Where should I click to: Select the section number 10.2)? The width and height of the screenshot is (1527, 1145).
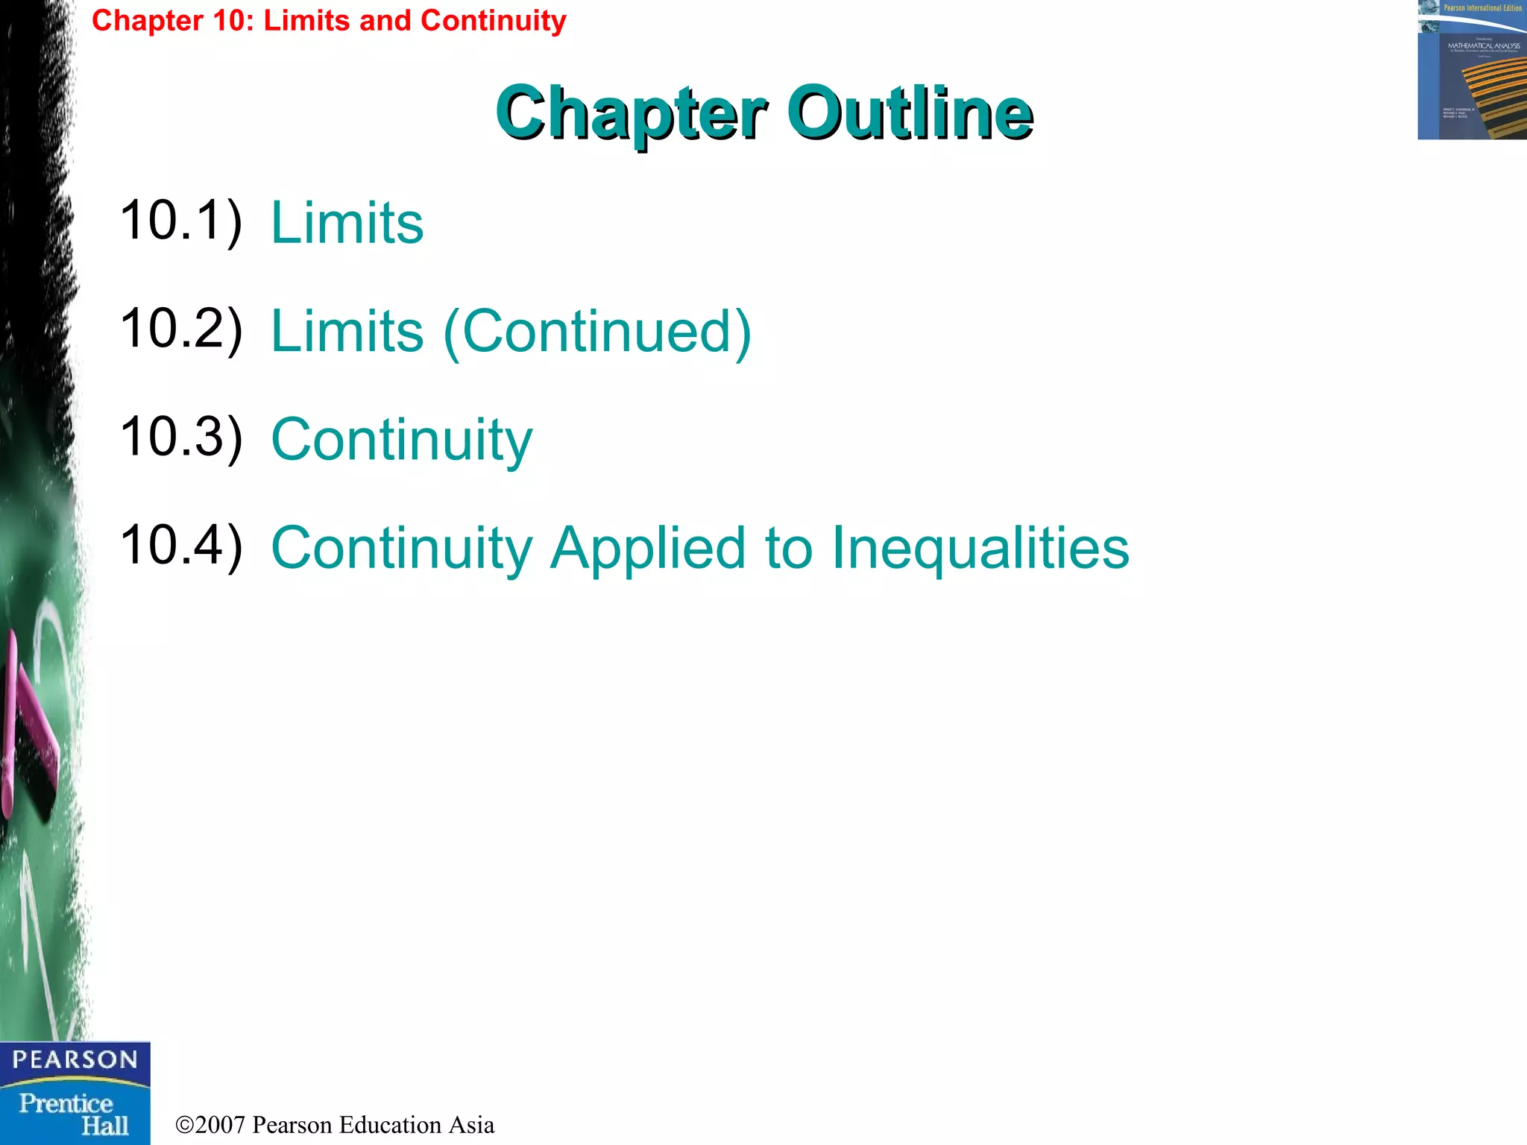click(181, 329)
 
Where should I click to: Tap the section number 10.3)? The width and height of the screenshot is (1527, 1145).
click(181, 438)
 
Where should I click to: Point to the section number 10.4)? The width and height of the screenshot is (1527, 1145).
click(181, 546)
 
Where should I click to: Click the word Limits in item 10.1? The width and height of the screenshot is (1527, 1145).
click(347, 223)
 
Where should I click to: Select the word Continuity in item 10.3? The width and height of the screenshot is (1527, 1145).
click(402, 441)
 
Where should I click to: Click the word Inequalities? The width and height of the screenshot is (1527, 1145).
click(980, 549)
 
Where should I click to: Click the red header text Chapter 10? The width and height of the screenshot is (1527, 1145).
click(173, 21)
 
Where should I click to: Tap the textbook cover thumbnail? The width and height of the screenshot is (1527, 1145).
click(1472, 70)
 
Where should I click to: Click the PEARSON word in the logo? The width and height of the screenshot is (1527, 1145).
click(75, 1059)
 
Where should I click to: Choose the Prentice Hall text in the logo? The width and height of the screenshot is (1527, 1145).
click(75, 1114)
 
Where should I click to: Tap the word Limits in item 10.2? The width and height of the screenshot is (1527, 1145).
click(347, 332)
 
